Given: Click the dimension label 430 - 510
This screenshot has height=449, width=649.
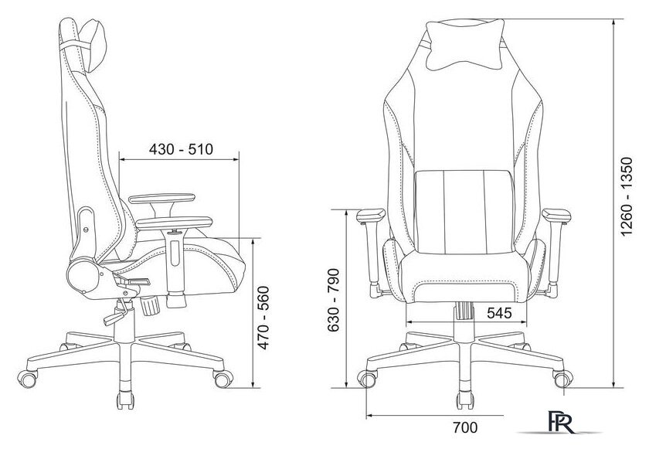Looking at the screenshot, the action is [181, 149].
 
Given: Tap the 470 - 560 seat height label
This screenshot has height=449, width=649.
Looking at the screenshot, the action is [263, 318].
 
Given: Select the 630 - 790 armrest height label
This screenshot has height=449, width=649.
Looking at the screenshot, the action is [333, 301].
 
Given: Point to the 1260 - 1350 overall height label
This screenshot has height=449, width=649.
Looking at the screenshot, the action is [627, 196].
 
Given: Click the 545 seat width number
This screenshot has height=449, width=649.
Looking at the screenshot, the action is [499, 313].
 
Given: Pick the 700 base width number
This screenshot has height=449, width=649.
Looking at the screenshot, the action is [465, 427].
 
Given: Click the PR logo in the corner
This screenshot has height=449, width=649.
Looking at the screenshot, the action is [562, 421].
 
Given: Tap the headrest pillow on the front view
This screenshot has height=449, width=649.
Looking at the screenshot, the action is [465, 45].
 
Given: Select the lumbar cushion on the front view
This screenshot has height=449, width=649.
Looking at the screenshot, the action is [464, 212].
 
